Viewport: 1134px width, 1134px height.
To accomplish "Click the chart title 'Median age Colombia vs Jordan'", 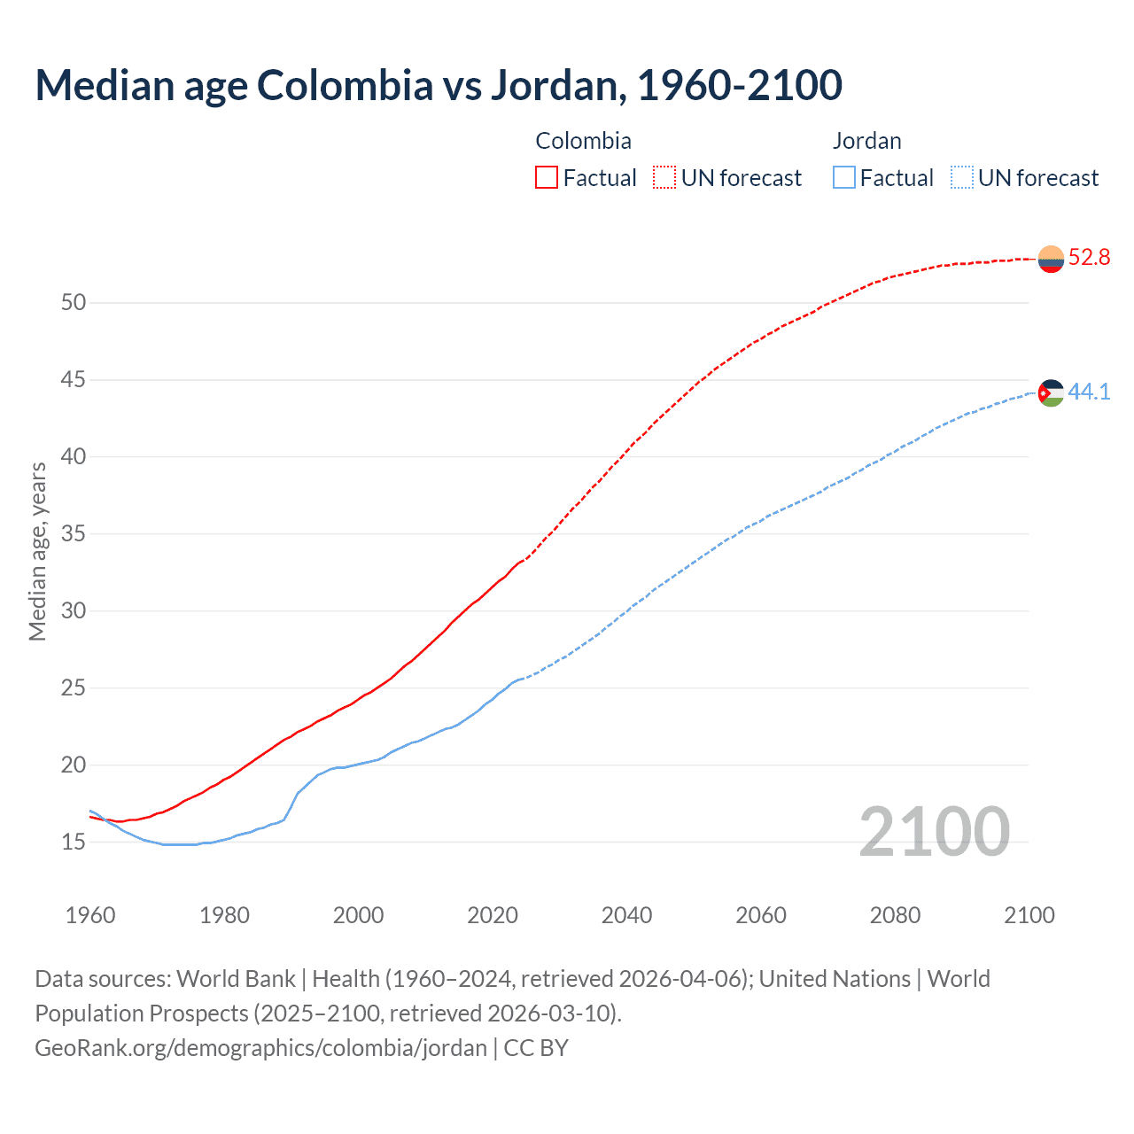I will click(439, 85).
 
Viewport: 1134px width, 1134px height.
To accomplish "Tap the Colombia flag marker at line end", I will click(1051, 259).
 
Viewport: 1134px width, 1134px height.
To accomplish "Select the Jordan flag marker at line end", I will click(1051, 392).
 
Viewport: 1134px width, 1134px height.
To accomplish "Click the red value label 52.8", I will click(1089, 258).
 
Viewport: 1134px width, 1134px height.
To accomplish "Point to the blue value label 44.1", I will click(1089, 392).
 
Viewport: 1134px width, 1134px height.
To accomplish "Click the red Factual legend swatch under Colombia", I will click(547, 178).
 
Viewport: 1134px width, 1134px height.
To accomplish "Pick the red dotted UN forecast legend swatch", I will click(664, 178).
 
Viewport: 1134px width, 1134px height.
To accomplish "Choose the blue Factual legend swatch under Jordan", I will click(844, 178).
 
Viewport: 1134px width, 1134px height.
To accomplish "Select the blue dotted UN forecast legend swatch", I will click(962, 178).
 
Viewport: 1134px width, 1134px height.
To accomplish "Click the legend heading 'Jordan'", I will click(866, 141).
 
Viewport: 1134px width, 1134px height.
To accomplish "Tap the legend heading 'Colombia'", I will click(583, 141).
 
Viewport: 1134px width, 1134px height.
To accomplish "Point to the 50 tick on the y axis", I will click(74, 303).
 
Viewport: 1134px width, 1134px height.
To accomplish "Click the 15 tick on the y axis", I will click(74, 842).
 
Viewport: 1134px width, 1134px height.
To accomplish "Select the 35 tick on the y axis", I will click(74, 534).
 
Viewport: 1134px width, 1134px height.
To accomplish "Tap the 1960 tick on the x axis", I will click(90, 915).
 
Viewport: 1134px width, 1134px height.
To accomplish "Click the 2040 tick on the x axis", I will click(626, 915).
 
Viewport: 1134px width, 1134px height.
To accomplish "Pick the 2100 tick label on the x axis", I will click(1029, 915).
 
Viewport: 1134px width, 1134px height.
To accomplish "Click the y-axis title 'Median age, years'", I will click(37, 551).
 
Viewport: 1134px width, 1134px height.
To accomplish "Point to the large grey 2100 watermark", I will click(934, 832).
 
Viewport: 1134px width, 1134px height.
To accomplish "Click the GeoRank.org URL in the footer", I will click(260, 1048).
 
